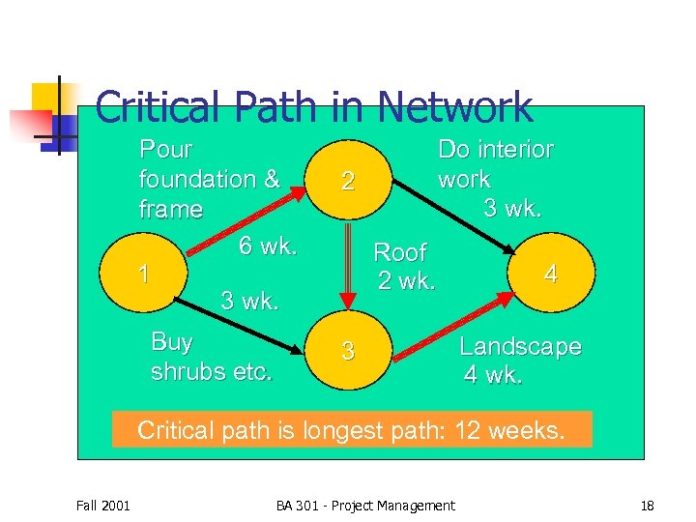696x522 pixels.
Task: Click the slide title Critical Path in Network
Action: tap(314, 107)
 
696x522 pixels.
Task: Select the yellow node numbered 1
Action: tap(144, 275)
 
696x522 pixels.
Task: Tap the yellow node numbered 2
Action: tap(348, 181)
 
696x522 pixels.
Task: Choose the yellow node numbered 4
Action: tap(550, 275)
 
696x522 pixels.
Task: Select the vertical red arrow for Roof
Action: tap(348, 267)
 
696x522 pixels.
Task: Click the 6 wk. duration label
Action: tap(268, 246)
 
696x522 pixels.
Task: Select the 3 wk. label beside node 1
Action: tap(249, 300)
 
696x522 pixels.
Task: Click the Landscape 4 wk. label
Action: tap(520, 361)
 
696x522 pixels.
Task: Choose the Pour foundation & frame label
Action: tap(209, 179)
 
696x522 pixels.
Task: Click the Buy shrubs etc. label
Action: tap(211, 357)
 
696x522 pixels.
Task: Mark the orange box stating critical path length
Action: tap(351, 430)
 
